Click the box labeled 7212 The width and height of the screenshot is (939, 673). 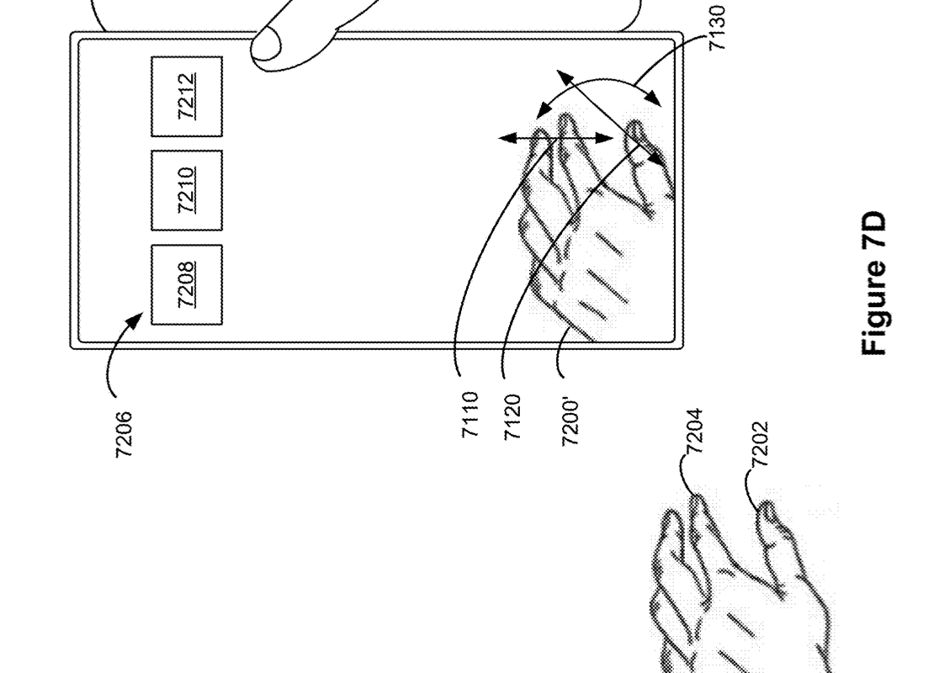(186, 97)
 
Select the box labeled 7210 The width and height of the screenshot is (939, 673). (186, 190)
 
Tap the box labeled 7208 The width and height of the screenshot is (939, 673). (186, 285)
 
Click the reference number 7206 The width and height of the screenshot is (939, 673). (124, 435)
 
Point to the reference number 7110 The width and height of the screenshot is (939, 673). (470, 415)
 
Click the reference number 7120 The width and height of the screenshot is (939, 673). (512, 417)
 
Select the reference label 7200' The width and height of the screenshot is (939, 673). (570, 422)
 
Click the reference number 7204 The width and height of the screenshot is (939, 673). (693, 431)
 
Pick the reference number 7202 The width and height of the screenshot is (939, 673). (759, 444)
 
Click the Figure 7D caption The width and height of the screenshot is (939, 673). (873, 283)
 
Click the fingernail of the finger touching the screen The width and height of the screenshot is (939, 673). (266, 45)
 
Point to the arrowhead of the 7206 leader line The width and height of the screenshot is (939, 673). (135, 320)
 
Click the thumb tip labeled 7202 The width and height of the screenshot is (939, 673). (767, 510)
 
